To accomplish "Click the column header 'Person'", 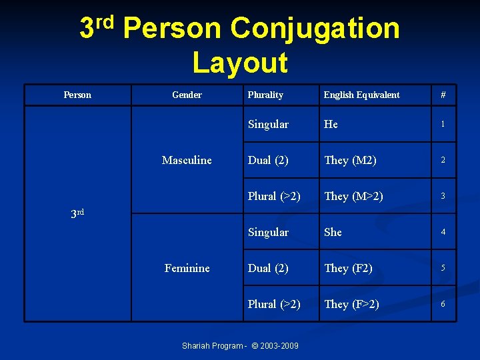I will pos(77,95).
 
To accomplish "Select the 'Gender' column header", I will pos(187,95).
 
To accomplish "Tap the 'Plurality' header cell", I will pos(265,95).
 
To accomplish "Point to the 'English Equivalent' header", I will pos(361,95).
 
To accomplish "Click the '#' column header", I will pos(443,95).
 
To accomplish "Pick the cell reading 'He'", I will pos(331,124).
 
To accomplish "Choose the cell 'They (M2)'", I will pos(350,160).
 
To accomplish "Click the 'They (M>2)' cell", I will pos(353,196).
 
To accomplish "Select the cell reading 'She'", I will pos(333,232).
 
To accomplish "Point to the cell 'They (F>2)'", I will pos(351,304).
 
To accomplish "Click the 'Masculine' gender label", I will pos(187,160).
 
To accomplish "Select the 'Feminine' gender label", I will pos(187,268).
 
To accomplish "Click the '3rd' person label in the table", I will pos(77,213).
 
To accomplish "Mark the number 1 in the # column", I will pos(443,124).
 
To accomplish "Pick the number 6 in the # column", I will pos(443,304).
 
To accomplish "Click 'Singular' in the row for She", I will pos(268,232).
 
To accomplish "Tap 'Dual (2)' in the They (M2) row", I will pos(268,160).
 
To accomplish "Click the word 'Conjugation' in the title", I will pos(315,29).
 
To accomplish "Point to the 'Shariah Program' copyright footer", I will pos(240,345).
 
